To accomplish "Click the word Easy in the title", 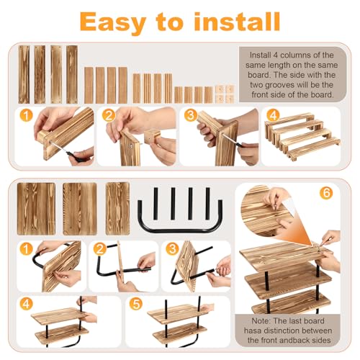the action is (x=113, y=23).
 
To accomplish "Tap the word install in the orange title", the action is (x=237, y=22).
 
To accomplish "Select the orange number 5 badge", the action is (x=136, y=304).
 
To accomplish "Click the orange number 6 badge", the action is (x=326, y=193).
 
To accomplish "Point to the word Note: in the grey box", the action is (x=261, y=321).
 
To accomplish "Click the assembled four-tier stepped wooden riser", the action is (x=302, y=137).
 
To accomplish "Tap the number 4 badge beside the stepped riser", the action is (x=273, y=116).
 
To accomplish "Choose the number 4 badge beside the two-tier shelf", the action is (x=26, y=304).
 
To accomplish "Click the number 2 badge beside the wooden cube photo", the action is (x=109, y=116).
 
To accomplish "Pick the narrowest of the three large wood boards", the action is (x=117, y=209).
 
